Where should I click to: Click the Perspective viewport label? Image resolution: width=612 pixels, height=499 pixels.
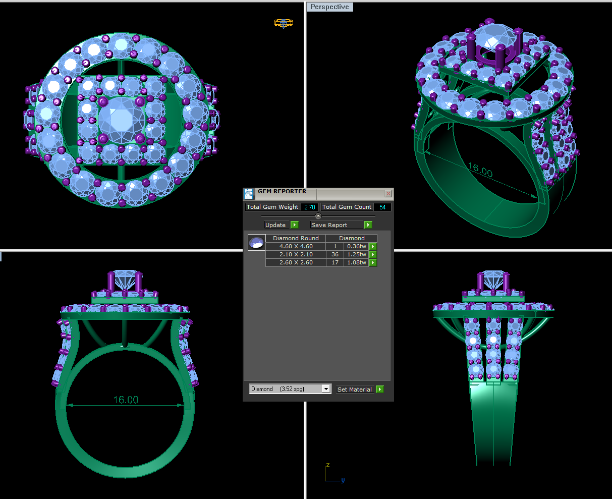pyautogui.click(x=329, y=7)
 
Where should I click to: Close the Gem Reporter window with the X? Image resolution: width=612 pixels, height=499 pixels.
pyautogui.click(x=388, y=194)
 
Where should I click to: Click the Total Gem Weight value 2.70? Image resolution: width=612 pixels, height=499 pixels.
pyautogui.click(x=310, y=207)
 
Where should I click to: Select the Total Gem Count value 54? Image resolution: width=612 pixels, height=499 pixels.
pyautogui.click(x=382, y=207)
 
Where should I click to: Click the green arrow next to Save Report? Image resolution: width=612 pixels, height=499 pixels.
pyautogui.click(x=368, y=225)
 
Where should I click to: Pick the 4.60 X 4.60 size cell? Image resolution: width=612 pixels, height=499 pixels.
pyautogui.click(x=296, y=246)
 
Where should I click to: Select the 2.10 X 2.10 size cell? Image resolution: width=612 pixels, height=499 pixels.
pyautogui.click(x=296, y=254)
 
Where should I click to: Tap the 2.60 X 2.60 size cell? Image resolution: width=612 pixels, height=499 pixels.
pyautogui.click(x=296, y=262)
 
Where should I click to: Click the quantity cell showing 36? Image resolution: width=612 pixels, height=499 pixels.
pyautogui.click(x=335, y=254)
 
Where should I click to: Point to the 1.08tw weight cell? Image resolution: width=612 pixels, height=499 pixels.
pyautogui.click(x=356, y=262)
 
